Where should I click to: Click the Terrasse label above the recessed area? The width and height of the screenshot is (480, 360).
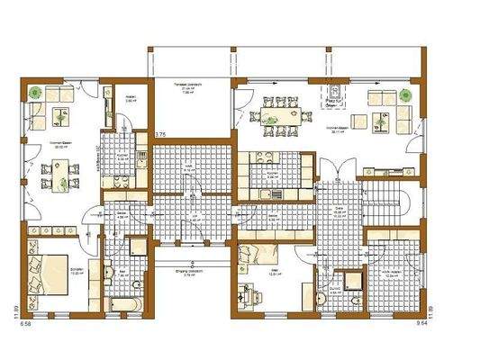click(188, 84)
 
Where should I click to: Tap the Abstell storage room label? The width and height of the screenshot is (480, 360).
click(129, 101)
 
